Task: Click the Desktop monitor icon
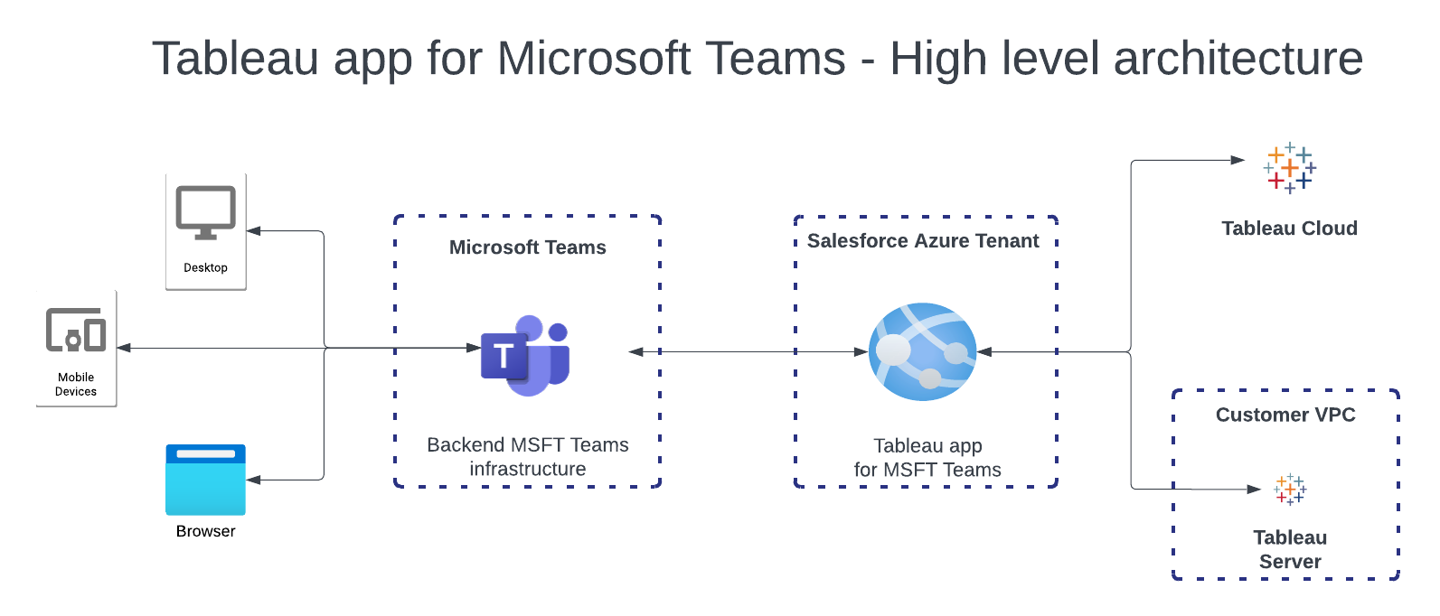pos(205,213)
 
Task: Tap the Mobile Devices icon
pos(76,331)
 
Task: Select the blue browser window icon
pos(205,480)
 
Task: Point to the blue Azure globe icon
pos(922,352)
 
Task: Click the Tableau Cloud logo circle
pos(1289,169)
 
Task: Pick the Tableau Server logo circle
pos(1290,490)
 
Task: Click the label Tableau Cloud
pos(1289,229)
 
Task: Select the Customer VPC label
pos(1285,415)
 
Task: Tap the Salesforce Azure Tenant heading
pos(923,241)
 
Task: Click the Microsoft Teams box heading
pos(528,247)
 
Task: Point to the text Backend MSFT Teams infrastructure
pos(528,456)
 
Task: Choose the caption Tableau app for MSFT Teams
pos(927,457)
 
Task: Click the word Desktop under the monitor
pos(205,267)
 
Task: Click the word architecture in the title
pos(1238,59)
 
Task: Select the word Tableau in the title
pos(235,59)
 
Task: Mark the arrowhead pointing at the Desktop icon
pos(254,231)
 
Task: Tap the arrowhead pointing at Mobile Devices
pos(124,348)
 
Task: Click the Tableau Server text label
pos(1290,549)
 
